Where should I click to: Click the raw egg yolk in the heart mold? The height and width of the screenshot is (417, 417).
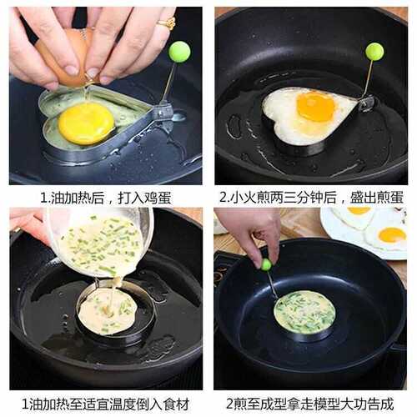85,123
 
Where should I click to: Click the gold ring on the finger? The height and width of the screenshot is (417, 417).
167,23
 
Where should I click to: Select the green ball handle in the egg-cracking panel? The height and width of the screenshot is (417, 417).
179,52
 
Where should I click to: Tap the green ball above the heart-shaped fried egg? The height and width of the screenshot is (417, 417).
374,52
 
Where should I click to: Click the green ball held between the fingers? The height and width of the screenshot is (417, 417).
266,264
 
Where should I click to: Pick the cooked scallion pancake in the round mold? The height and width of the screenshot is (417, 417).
304,312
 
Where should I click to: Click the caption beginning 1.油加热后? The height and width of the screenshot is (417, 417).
104,198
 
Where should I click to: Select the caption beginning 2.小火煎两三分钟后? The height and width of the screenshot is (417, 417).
310,198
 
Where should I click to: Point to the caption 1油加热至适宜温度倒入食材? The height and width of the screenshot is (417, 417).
104,404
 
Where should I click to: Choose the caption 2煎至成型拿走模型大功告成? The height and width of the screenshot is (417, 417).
310,404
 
